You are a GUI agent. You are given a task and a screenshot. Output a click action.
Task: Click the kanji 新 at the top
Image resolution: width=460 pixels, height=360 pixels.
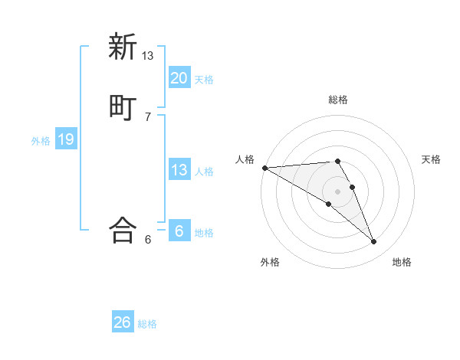pyautogui.click(x=123, y=47)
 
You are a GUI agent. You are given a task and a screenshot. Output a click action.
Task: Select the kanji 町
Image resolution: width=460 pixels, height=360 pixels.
pyautogui.click(x=123, y=107)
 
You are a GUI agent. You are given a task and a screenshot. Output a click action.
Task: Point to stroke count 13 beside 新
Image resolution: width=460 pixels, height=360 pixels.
pyautogui.click(x=148, y=56)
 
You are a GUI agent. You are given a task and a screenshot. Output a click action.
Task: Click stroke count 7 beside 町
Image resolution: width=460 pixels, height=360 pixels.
pyautogui.click(x=148, y=117)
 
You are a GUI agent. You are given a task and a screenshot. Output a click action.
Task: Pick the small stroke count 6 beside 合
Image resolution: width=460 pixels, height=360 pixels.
pyautogui.click(x=148, y=240)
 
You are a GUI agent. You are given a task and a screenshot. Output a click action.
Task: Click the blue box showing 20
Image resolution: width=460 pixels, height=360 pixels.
pyautogui.click(x=179, y=78)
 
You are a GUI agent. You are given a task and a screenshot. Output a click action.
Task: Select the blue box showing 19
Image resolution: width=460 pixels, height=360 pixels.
pyautogui.click(x=66, y=139)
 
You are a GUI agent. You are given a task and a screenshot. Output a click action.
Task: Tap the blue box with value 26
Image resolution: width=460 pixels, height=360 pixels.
pyautogui.click(x=122, y=322)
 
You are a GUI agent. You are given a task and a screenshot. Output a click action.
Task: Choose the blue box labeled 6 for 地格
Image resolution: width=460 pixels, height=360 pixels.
pyautogui.click(x=179, y=231)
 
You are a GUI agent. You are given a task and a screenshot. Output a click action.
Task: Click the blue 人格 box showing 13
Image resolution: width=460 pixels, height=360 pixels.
pyautogui.click(x=179, y=170)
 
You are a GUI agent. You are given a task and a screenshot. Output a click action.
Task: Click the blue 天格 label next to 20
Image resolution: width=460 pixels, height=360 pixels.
pyautogui.click(x=204, y=79)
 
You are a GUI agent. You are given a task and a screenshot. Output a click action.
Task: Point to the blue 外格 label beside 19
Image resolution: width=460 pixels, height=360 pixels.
pyautogui.click(x=41, y=140)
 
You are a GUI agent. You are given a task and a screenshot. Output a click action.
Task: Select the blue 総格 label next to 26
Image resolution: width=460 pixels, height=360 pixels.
pyautogui.click(x=147, y=324)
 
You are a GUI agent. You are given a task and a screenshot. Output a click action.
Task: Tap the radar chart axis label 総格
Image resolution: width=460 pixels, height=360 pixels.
pyautogui.click(x=338, y=100)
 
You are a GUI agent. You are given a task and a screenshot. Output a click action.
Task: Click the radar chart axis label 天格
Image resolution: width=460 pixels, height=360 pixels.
pyautogui.click(x=432, y=159)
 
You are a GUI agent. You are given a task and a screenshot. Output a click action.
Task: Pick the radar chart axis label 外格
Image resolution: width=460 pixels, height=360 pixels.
pyautogui.click(x=270, y=262)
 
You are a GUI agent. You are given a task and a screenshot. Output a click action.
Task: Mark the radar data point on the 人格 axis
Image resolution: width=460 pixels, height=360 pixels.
pyautogui.click(x=264, y=168)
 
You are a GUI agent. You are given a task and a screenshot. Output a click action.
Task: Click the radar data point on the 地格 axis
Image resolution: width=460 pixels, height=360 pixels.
pyautogui.click(x=373, y=242)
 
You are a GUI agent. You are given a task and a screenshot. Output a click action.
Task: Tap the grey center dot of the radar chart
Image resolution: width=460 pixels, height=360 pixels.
pyautogui.click(x=338, y=191)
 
